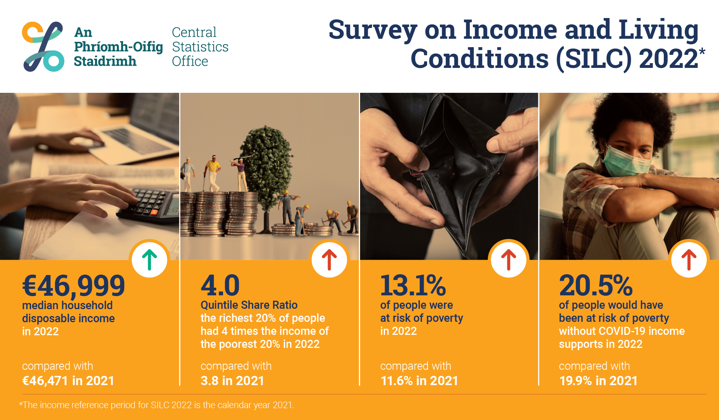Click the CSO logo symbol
click(43, 46)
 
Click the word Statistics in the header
click(200, 47)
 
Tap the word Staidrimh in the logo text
click(105, 61)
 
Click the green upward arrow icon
click(150, 260)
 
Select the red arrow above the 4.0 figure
click(329, 260)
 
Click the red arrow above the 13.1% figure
click(508, 260)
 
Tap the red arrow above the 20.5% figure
click(689, 260)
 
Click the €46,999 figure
click(74, 286)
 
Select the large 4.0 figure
click(220, 285)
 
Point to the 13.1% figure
click(413, 285)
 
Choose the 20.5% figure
click(596, 285)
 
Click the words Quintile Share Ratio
click(249, 305)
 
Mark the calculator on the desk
click(148, 205)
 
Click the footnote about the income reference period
click(156, 405)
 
